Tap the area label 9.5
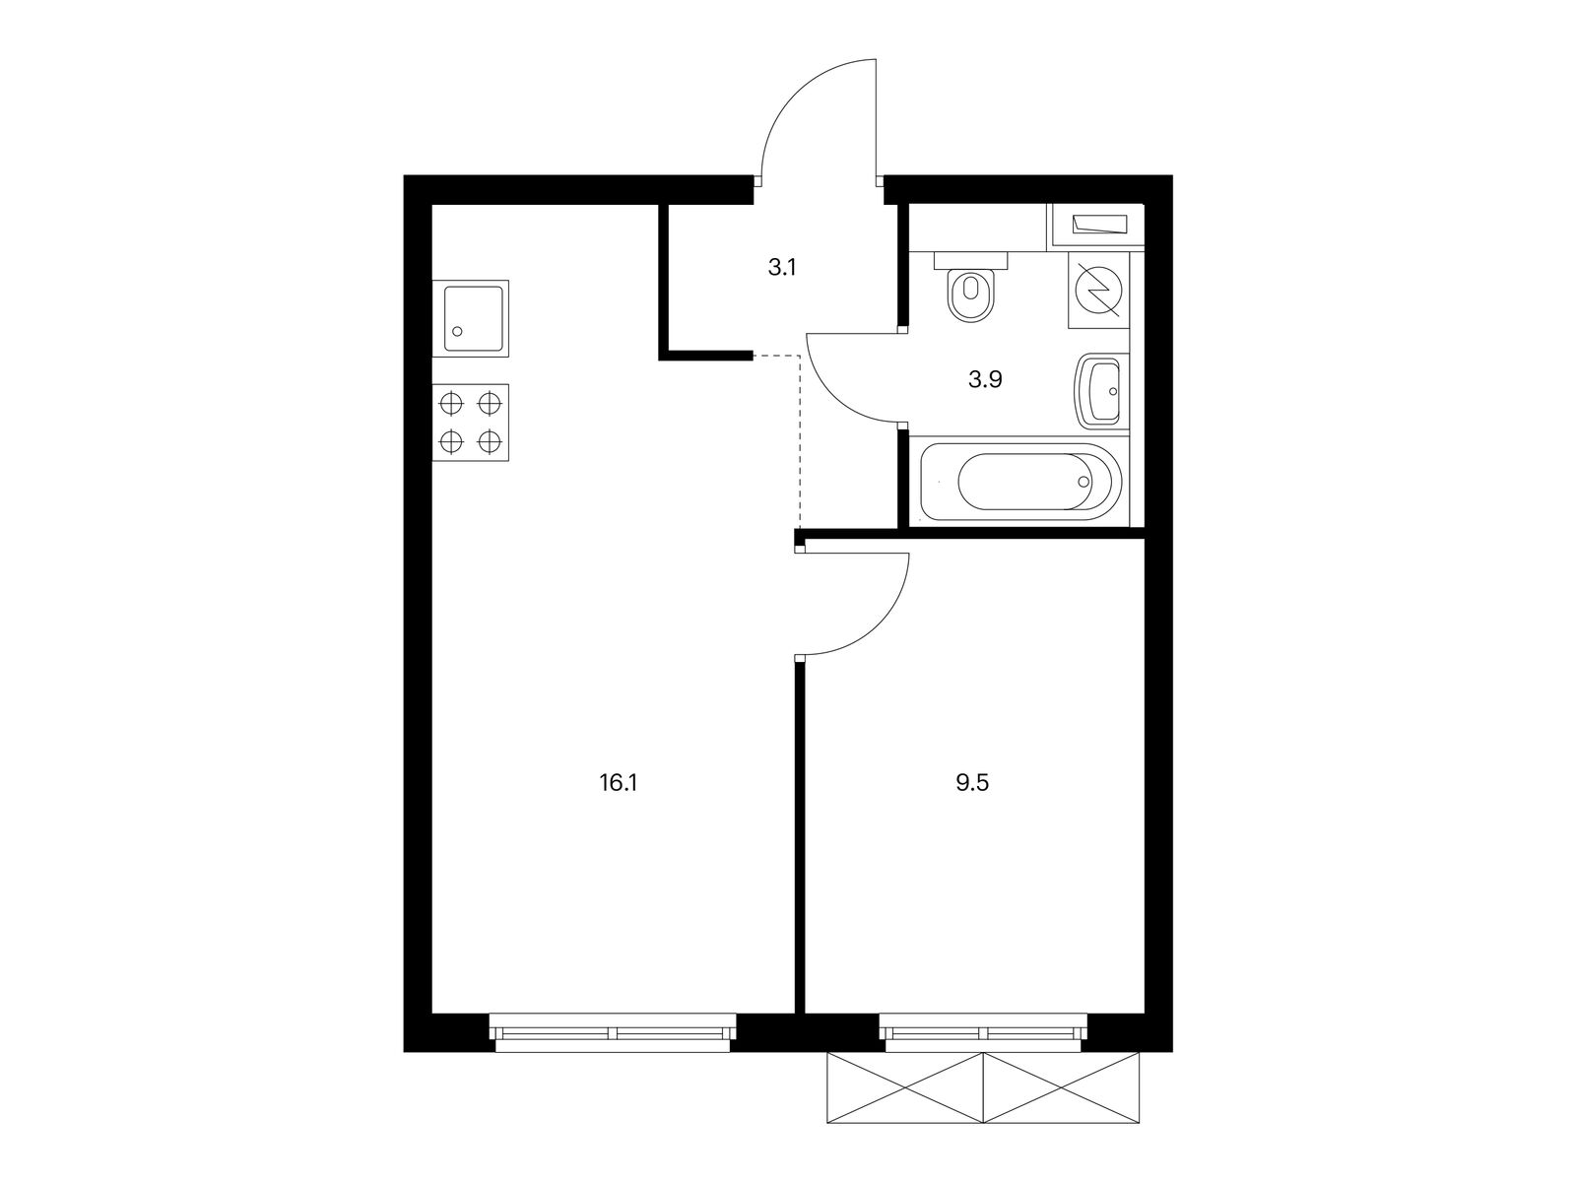(x=970, y=784)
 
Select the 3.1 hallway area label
(x=782, y=267)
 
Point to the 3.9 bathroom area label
(x=985, y=379)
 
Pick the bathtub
(x=1020, y=483)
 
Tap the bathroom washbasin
(x=1100, y=390)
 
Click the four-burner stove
(x=471, y=422)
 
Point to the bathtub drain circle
(x=1084, y=483)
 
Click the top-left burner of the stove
(x=451, y=403)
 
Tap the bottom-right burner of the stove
(x=490, y=441)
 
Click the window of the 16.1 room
(x=615, y=1033)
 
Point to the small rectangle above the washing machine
(x=1096, y=225)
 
